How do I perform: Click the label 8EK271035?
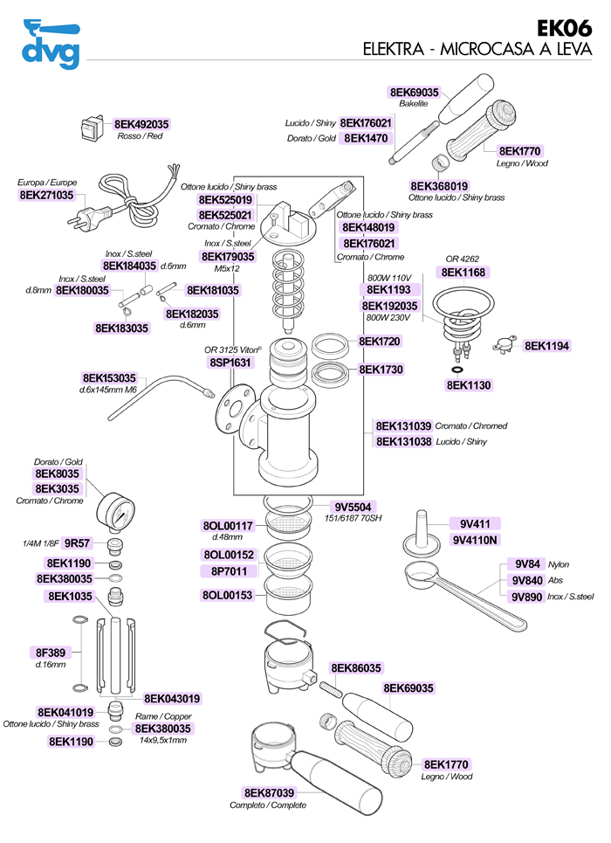tap(46, 196)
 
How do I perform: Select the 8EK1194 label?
tap(546, 346)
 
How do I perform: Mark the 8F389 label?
tap(50, 653)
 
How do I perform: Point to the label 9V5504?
tap(354, 507)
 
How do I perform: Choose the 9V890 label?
tap(527, 597)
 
